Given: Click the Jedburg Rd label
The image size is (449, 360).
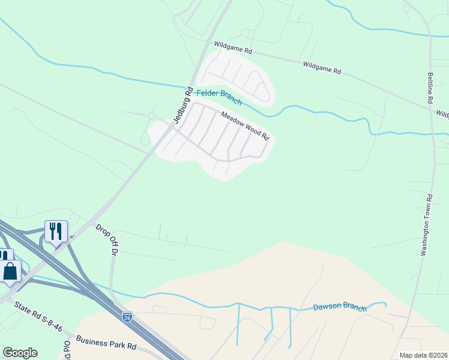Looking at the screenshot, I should (x=182, y=106).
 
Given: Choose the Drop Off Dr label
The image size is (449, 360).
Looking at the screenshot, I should (x=106, y=239).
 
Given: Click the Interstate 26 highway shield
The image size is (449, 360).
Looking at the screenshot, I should (x=127, y=316).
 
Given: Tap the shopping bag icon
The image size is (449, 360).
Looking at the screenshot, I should (x=10, y=271).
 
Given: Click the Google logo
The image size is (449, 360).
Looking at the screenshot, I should (x=20, y=353).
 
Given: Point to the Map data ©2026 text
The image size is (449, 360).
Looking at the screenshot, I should (x=423, y=355).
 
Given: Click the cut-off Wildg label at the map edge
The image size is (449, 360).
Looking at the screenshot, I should (x=442, y=113).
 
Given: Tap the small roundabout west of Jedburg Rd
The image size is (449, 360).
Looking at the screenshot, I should (x=151, y=115).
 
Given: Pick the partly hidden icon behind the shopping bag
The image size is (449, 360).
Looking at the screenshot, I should (x=4, y=255).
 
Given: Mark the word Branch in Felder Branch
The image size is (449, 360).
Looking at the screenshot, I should (x=231, y=97).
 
